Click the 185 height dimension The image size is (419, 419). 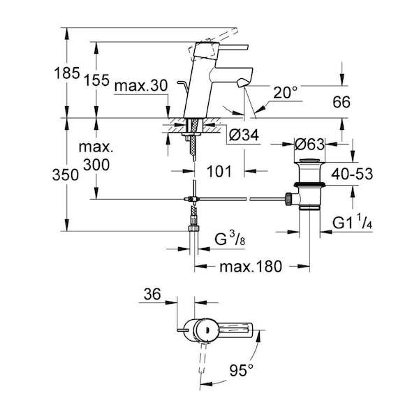pos(67,73)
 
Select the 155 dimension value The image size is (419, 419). pos(97,80)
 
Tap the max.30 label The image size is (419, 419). pos(141,86)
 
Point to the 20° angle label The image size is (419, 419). pos(286,92)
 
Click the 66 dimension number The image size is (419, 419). pos(341,102)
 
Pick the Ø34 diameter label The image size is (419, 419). pos(244,135)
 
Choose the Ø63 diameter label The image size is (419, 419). pos(309,145)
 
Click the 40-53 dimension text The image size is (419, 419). pos(352,174)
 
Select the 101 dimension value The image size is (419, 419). pos(219,171)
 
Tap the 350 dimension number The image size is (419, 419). pos(66,175)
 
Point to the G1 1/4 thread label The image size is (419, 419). pos(353,223)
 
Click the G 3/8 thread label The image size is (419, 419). pos(230,239)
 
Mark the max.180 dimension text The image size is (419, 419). pos(251,267)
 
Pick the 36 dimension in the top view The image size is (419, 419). pos(152,294)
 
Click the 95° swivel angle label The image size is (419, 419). pos(242,370)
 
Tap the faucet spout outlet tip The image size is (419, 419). pos(242,83)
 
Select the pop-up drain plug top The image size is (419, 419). pos(309,161)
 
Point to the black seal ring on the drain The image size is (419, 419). pos(309,184)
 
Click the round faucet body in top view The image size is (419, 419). pos(206,330)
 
